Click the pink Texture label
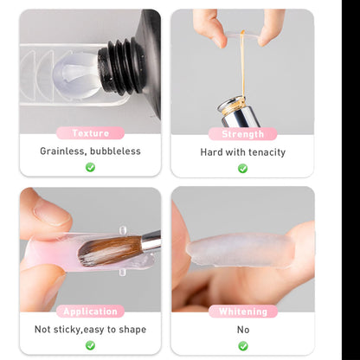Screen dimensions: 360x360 coord(90,133)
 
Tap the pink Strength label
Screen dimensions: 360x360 coord(242,134)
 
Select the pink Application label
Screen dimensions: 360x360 coord(90,312)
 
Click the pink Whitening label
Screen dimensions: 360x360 coord(243,312)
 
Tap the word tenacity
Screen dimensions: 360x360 coord(267,152)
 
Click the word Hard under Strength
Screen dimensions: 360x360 coord(211,152)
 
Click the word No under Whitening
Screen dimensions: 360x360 coord(243,330)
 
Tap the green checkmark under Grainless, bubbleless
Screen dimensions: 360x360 coord(90,167)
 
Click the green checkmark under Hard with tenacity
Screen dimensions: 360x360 coord(242,169)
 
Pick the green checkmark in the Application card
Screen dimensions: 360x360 coord(90,345)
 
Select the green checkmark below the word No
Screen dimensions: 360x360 coord(243,346)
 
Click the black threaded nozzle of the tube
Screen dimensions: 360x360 coord(121,67)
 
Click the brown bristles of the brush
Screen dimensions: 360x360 coord(111,250)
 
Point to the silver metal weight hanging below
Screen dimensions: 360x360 coord(239,112)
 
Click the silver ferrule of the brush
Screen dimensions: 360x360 coord(151,241)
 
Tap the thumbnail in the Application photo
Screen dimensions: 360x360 coord(52,215)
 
